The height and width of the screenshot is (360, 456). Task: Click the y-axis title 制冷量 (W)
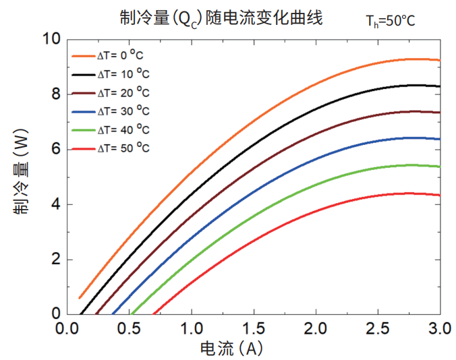pyautogui.click(x=21, y=177)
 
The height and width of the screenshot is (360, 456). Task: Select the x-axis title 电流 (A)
pyautogui.click(x=231, y=348)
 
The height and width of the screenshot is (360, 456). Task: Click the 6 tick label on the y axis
pyautogui.click(x=55, y=149)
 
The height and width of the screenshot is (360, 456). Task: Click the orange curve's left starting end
pyautogui.click(x=80, y=297)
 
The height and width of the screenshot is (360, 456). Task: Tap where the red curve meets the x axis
pyautogui.click(x=154, y=313)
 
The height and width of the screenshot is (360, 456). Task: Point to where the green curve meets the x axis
pyautogui.click(x=132, y=313)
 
